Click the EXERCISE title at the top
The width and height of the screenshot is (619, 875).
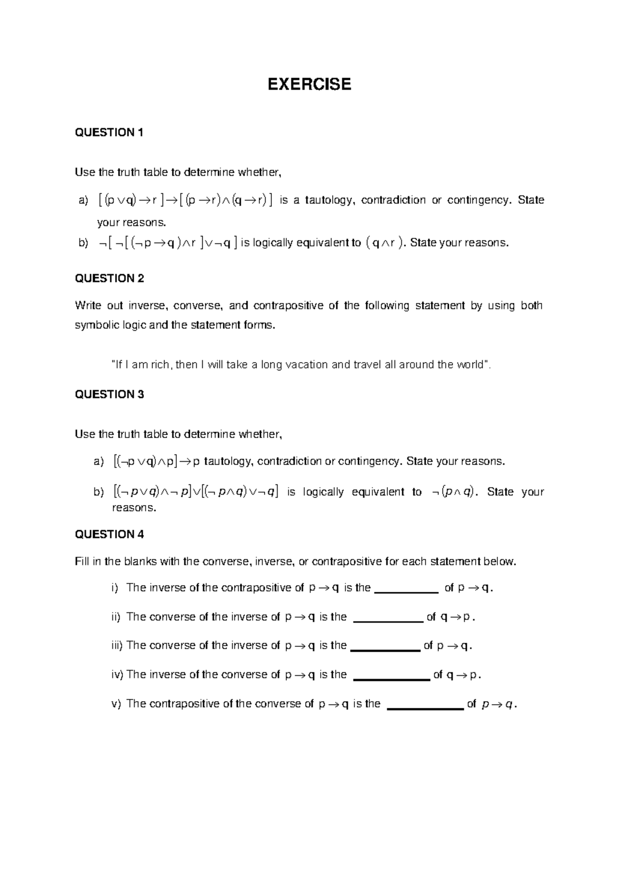click(x=309, y=84)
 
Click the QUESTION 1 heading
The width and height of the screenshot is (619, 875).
click(x=109, y=133)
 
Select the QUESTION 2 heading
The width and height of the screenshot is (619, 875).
click(x=109, y=279)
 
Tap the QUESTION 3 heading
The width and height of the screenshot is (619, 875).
click(x=109, y=395)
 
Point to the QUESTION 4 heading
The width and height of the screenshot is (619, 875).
click(x=109, y=534)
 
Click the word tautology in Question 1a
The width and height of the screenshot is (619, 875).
click(x=330, y=200)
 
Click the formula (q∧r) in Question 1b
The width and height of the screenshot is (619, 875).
click(x=384, y=243)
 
